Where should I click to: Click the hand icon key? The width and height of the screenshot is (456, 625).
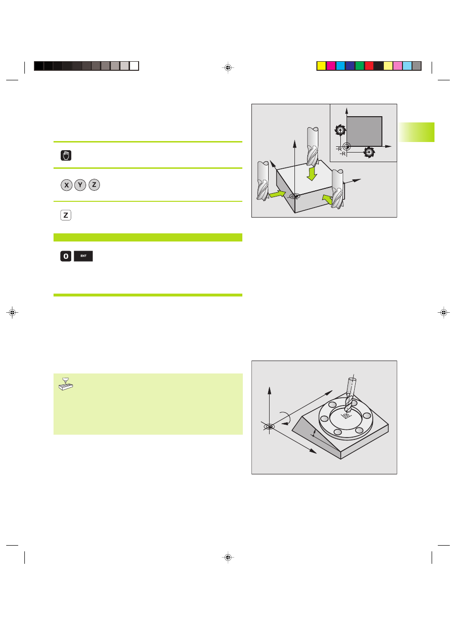tap(66, 155)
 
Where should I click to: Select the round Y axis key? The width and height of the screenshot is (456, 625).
tap(80, 185)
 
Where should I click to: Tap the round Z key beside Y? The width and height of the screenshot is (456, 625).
tap(94, 185)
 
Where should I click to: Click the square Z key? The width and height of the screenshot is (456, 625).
tap(66, 215)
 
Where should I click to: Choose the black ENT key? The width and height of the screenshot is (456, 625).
tap(83, 256)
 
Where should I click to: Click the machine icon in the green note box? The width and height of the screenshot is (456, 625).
tap(66, 384)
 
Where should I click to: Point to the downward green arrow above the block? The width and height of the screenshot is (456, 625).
tap(312, 174)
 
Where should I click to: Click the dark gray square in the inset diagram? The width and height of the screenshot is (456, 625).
tap(364, 132)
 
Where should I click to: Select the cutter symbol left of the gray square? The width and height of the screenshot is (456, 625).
tap(340, 130)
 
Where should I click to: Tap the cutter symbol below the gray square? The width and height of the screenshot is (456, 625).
tap(369, 153)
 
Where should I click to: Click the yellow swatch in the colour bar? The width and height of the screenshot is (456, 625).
tap(321, 66)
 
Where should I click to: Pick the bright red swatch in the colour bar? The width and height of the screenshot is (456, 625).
tap(369, 66)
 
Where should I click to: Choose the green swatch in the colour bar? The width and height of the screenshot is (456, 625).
tap(359, 66)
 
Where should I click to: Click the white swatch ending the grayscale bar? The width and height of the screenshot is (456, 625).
tap(134, 66)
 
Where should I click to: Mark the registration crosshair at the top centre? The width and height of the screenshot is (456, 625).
tap(228, 67)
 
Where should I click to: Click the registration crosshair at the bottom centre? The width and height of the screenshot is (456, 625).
tap(228, 558)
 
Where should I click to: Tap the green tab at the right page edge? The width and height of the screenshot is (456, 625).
tap(416, 132)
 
